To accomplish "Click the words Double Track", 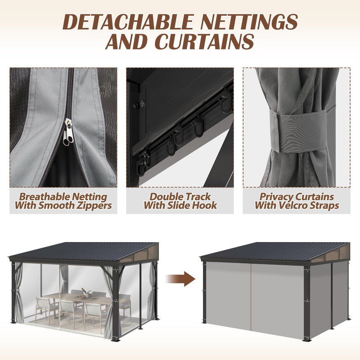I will [180, 197].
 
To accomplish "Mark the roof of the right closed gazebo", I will [265, 250].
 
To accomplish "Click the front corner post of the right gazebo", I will [308, 301].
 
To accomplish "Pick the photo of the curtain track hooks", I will [180, 127].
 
